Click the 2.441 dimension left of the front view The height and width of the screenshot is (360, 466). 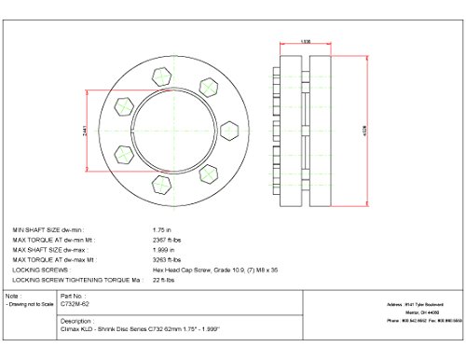[x=85, y=131]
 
